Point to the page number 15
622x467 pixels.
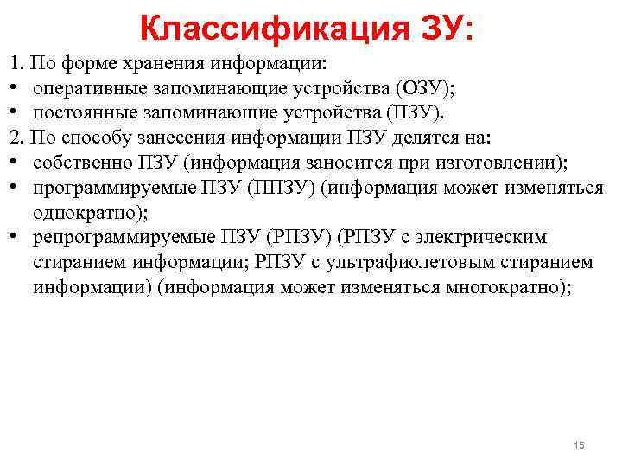tap(579, 445)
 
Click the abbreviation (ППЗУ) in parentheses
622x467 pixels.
tap(282, 188)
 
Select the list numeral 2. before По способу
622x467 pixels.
tap(16, 138)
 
